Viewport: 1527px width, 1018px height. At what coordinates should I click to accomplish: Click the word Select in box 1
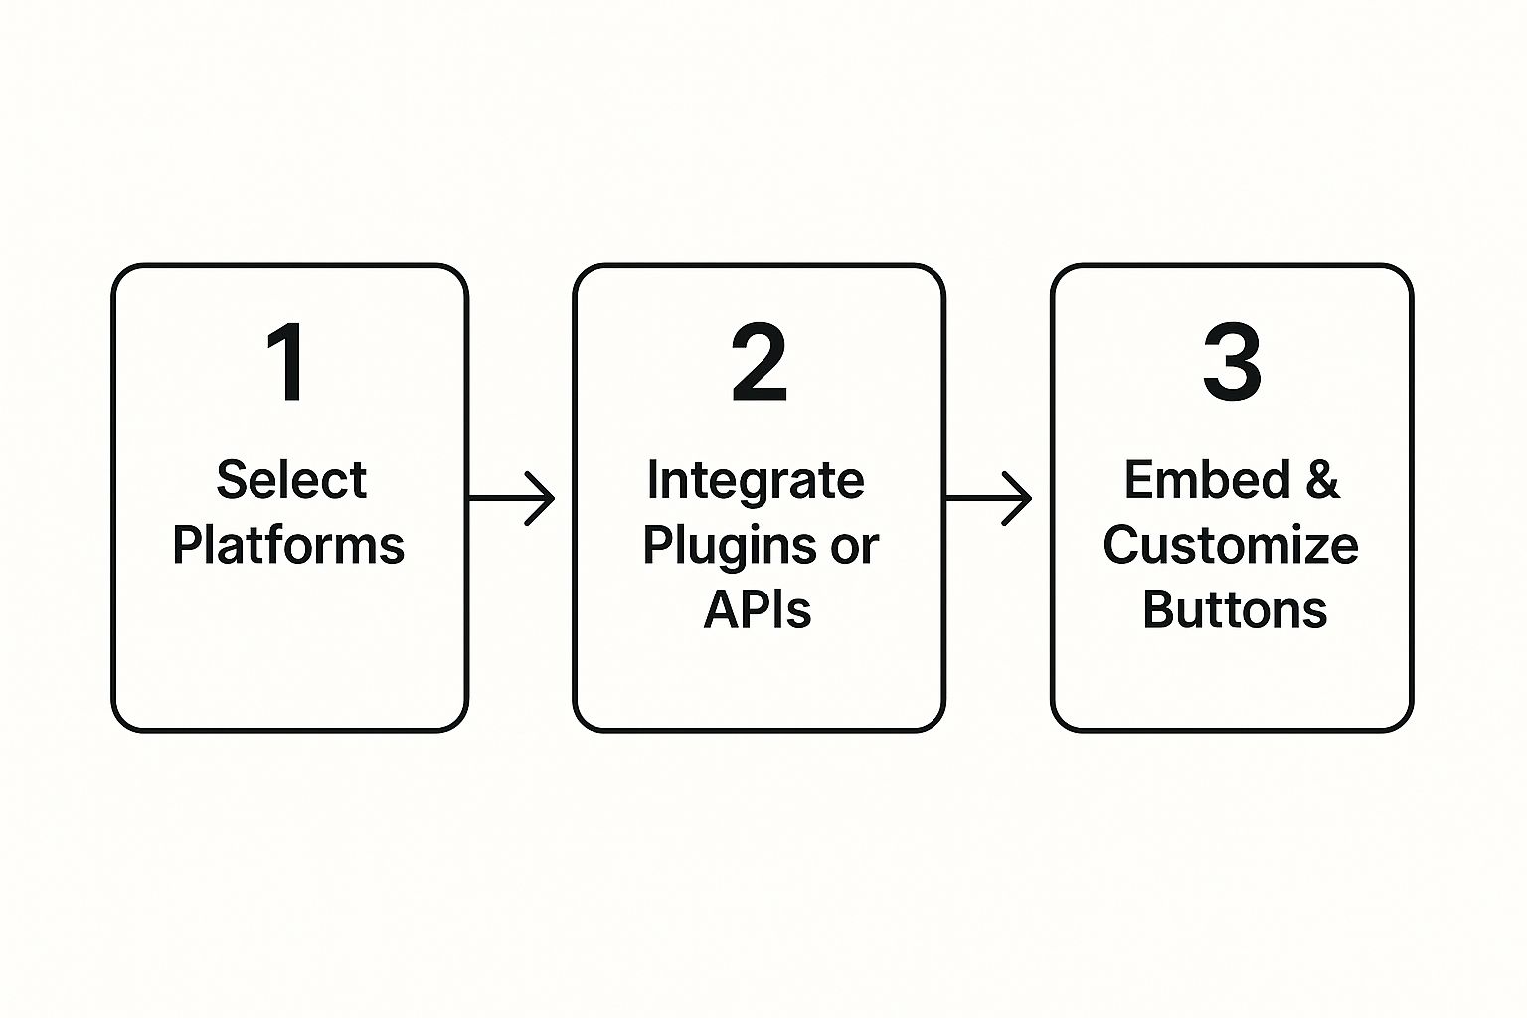pos(291,480)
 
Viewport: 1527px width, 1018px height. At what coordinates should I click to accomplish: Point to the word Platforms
pos(288,545)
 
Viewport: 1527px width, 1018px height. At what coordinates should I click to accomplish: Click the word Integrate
pos(756,480)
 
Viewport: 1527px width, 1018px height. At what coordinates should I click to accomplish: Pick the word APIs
pos(758,609)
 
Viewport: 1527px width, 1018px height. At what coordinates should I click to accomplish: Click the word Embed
pos(1207,480)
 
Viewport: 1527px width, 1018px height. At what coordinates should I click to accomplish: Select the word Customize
pos(1231,545)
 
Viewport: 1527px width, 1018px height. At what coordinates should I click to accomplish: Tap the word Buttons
pos(1235,609)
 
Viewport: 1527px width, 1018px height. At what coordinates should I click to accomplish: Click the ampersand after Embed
pos(1322,480)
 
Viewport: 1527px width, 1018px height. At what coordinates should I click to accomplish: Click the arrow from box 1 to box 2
pos(511,498)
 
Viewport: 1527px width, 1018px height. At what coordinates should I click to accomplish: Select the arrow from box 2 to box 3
pos(988,498)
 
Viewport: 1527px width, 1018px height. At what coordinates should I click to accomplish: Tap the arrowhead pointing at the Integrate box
pos(542,498)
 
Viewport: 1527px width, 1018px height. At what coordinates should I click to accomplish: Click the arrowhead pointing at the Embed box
pos(1020,498)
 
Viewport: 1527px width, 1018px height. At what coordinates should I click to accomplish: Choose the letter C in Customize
pos(1122,545)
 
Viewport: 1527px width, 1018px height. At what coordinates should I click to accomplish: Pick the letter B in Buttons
pos(1158,609)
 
